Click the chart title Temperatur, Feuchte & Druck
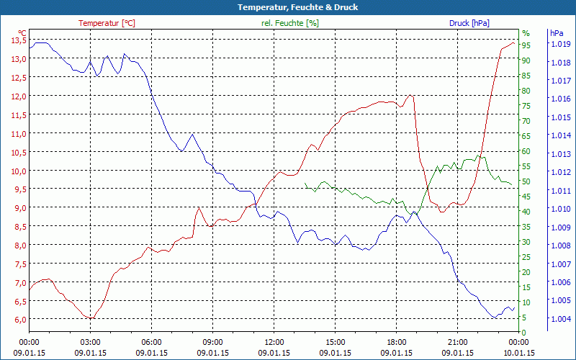(x=288, y=7)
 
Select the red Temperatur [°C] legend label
(x=107, y=23)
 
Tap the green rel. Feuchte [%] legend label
(x=290, y=23)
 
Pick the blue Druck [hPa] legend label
(x=469, y=23)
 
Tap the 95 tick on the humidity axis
(x=526, y=45)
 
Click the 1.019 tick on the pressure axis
(x=560, y=44)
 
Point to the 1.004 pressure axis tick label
(x=560, y=319)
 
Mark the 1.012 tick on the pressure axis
(x=560, y=172)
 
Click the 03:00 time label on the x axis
(x=90, y=342)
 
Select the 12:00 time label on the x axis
(x=274, y=342)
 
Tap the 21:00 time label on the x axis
(x=457, y=342)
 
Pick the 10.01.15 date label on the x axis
(x=518, y=352)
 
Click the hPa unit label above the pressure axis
(x=557, y=33)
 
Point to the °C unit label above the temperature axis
(x=22, y=33)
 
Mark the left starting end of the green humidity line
(x=305, y=184)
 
